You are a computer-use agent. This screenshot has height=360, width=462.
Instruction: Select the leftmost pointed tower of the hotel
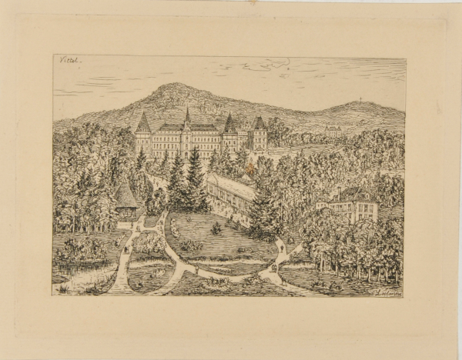pyautogui.click(x=143, y=123)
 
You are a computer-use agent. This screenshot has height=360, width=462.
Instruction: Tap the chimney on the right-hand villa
pyautogui.click(x=340, y=189)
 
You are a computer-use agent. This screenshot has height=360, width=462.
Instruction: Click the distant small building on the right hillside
pyautogui.click(x=333, y=131)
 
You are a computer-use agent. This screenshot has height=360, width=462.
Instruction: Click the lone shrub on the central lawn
pyautogui.click(x=218, y=228)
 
